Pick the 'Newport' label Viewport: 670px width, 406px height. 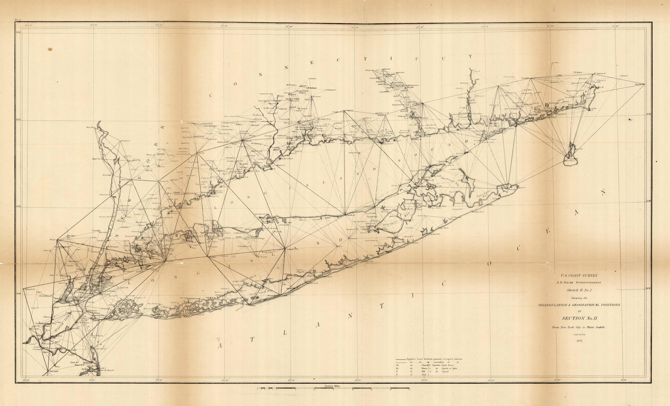click(x=625, y=76)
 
